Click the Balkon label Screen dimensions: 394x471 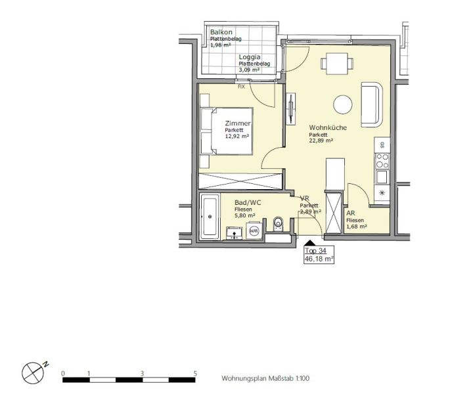point(221,32)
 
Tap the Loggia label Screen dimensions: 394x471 point(250,57)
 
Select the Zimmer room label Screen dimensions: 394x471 point(237,123)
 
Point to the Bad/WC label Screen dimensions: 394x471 point(248,203)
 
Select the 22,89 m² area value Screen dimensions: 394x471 point(321,141)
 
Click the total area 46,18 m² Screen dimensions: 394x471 point(319,259)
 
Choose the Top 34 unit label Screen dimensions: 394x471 point(316,251)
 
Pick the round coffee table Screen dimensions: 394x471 point(343,104)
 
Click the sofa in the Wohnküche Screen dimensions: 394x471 point(372,104)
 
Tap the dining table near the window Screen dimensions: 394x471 point(334,64)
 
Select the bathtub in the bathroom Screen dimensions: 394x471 point(210,215)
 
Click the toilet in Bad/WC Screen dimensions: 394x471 point(279,224)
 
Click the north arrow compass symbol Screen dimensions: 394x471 point(33,373)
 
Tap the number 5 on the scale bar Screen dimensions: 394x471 point(195,373)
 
